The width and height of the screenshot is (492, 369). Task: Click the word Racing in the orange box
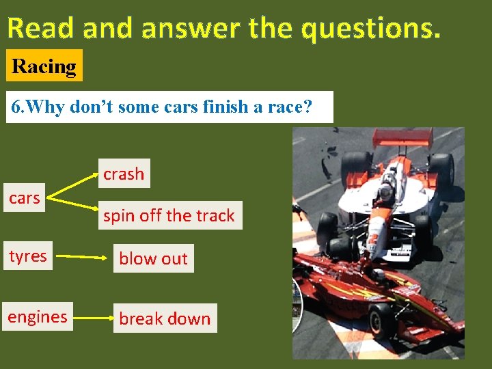coord(44,66)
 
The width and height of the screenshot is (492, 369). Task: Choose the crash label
coord(124,174)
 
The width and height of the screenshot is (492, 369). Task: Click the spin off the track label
coord(169,216)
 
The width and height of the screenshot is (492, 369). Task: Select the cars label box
coord(25,198)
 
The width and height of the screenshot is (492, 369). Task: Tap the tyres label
coord(28,256)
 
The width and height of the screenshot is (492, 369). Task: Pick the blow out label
coord(153,258)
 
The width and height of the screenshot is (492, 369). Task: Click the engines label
coord(38,317)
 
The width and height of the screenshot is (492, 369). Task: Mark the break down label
coord(165,318)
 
